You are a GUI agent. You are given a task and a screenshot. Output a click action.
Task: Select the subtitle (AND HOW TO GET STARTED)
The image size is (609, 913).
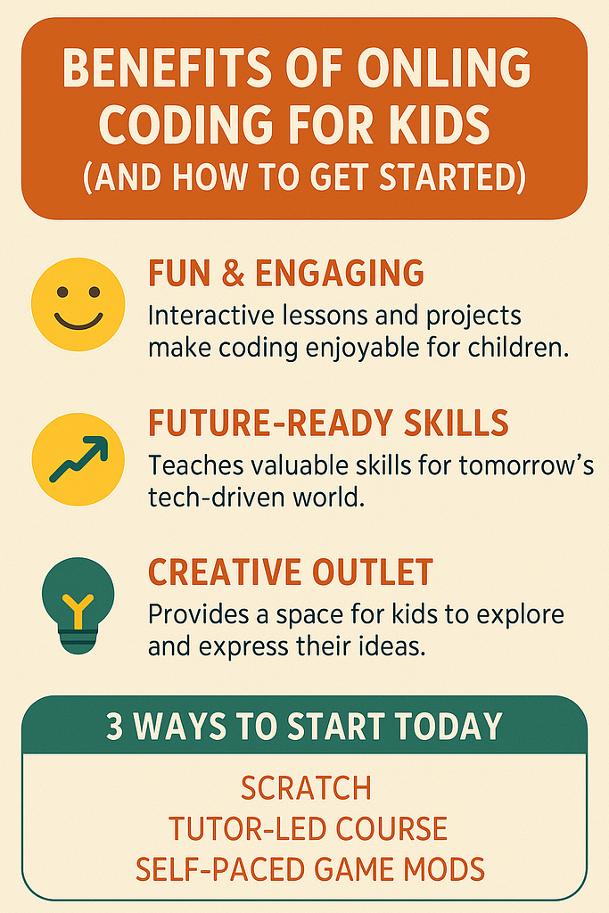tap(305, 177)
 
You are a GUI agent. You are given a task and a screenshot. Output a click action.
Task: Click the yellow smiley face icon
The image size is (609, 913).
tap(78, 304)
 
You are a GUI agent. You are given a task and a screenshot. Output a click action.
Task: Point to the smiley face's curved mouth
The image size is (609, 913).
tap(78, 323)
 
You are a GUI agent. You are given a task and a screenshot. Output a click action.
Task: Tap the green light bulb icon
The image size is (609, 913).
tap(78, 605)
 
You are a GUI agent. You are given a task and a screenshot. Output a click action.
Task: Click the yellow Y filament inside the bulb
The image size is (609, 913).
tap(78, 612)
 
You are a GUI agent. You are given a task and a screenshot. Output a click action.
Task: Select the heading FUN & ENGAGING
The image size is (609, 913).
tap(286, 273)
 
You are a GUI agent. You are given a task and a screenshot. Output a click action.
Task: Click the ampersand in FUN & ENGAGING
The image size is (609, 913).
tap(233, 273)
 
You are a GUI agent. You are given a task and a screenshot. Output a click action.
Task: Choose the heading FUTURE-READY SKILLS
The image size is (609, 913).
tap(328, 423)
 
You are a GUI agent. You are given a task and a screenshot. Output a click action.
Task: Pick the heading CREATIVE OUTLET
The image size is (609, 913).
tap(291, 572)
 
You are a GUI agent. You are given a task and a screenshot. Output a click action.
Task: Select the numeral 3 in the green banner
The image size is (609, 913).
tap(115, 726)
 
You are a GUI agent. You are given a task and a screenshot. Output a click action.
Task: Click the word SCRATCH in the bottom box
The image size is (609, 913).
tap(306, 788)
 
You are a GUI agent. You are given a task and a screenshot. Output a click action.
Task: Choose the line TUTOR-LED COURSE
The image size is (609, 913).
tap(308, 828)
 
